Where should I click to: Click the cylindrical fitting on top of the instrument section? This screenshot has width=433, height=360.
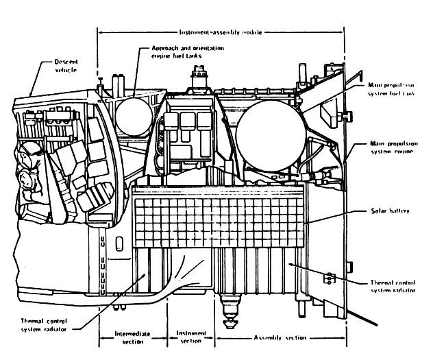tap(200, 75)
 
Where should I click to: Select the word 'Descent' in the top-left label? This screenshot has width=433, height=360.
tap(66, 61)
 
